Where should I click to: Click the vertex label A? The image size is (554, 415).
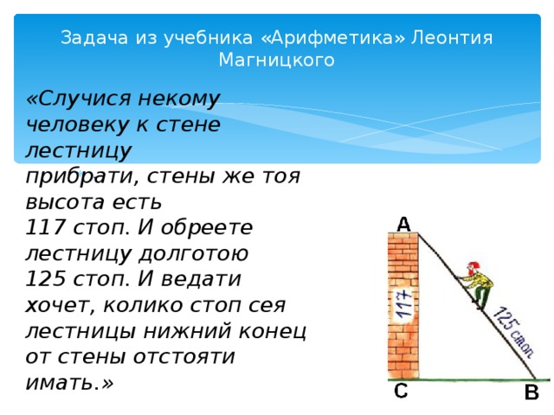[x=403, y=224]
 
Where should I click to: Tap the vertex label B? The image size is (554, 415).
[x=531, y=393]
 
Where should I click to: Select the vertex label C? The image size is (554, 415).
[x=400, y=391]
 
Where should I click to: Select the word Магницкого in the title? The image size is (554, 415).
[x=276, y=60]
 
